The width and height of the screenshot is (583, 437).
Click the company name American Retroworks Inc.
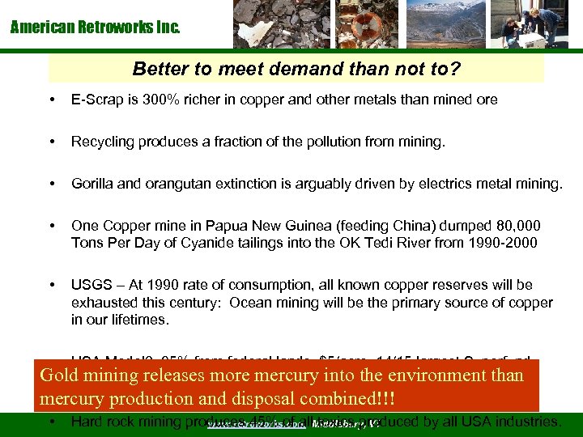[96, 28]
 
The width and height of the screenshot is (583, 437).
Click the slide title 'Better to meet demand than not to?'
[296, 69]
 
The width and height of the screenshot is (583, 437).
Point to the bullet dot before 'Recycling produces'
[53, 142]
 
